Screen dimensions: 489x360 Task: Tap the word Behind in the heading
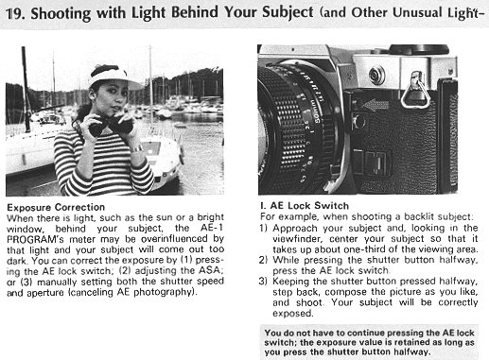click(x=195, y=12)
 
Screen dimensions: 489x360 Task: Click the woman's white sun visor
click(x=114, y=77)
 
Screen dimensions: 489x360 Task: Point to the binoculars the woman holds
click(x=111, y=126)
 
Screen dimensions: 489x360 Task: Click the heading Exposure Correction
click(x=56, y=207)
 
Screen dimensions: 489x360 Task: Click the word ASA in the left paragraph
click(x=209, y=270)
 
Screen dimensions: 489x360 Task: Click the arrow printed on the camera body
click(x=375, y=105)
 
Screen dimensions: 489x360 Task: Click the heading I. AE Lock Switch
click(x=305, y=206)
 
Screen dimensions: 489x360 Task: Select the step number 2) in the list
click(x=263, y=260)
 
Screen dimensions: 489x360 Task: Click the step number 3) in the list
click(x=263, y=282)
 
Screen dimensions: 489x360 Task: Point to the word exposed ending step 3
click(x=293, y=314)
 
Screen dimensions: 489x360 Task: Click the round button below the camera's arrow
click(x=359, y=122)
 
